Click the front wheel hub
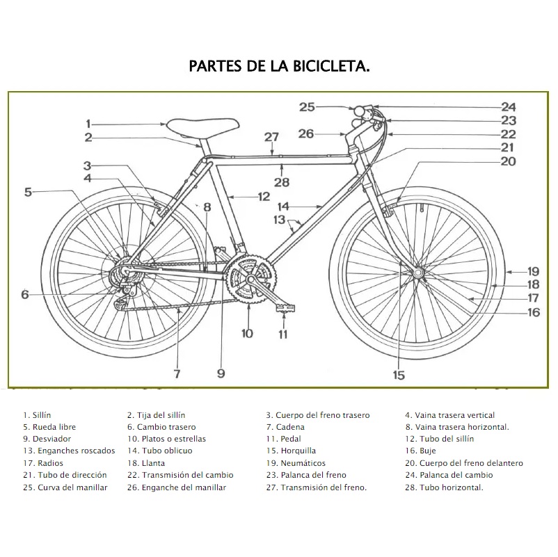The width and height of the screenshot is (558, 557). (x=417, y=273)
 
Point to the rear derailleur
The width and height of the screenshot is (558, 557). (x=123, y=292)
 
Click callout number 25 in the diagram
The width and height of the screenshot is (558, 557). (x=307, y=107)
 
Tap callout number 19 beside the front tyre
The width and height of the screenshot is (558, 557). (x=533, y=272)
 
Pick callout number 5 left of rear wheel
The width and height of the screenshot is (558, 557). (x=28, y=192)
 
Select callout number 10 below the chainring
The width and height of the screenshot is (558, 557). (x=247, y=333)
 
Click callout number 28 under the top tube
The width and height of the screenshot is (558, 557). (x=281, y=183)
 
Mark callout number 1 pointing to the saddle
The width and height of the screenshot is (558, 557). (x=88, y=124)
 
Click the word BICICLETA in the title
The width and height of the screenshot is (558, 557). (x=331, y=67)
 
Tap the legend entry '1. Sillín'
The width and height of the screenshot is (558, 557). (x=37, y=415)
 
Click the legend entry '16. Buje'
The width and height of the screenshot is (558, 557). (x=421, y=451)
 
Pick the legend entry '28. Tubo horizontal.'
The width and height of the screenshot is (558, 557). (x=445, y=487)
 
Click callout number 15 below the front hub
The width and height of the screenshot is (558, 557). (x=399, y=375)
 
